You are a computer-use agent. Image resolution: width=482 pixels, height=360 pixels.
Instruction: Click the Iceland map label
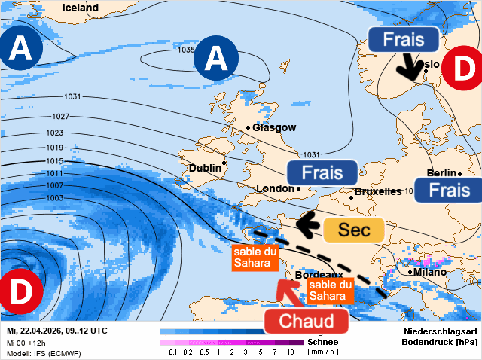coord(81,8)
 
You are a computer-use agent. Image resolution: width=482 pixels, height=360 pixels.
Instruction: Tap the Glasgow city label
coord(274,128)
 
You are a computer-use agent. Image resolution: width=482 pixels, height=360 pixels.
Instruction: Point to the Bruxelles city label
coord(377,192)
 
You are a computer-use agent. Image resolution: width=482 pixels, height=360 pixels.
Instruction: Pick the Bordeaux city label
coord(319,275)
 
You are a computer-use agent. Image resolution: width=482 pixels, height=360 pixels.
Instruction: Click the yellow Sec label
coord(354,230)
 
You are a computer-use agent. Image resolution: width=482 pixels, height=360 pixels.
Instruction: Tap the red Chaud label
coord(307,322)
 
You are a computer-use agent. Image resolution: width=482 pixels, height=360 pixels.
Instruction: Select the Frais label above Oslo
coord(403,39)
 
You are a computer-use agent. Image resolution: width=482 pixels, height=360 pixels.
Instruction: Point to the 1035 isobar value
coord(187,50)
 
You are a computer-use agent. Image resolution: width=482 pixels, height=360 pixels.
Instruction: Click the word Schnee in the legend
coord(323,341)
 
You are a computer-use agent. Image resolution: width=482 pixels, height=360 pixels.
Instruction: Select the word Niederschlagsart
coord(439,331)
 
